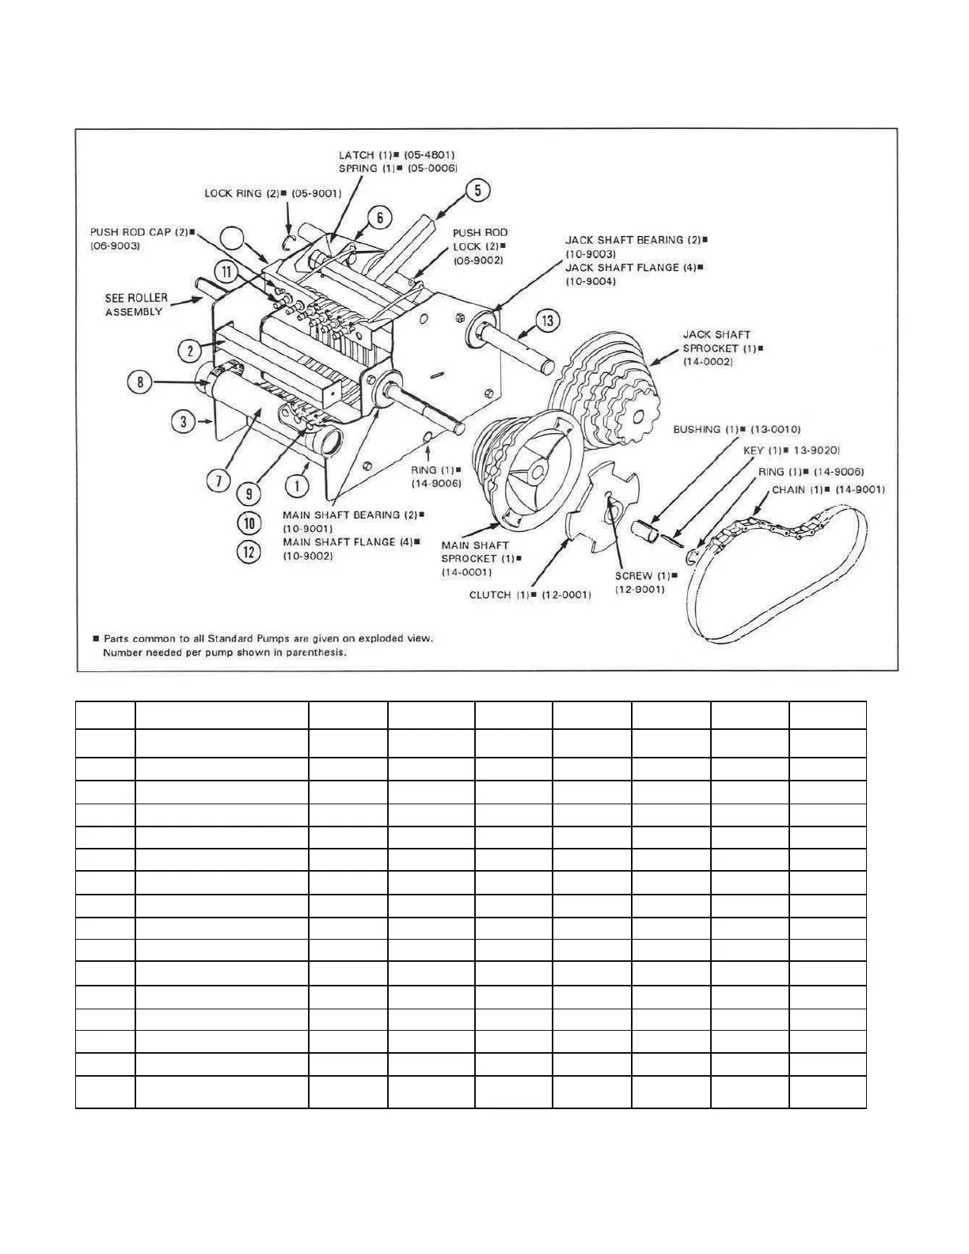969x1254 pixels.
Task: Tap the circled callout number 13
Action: click(548, 321)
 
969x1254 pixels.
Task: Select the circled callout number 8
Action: click(140, 382)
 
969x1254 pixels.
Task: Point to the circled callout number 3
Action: click(183, 421)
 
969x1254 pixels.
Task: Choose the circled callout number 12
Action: click(250, 551)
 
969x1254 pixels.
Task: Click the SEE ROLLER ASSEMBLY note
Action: click(136, 305)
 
